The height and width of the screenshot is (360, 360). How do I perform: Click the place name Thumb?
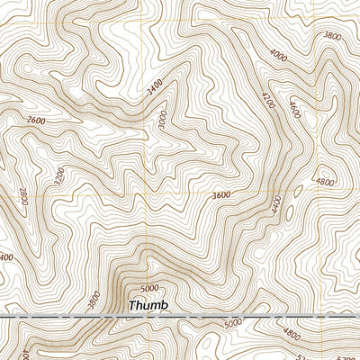pyautogui.click(x=148, y=306)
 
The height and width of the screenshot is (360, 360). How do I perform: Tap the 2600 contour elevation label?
pyautogui.click(x=36, y=121)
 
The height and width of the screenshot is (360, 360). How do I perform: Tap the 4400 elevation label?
pyautogui.click(x=276, y=205)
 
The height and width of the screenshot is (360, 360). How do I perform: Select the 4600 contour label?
pyautogui.click(x=293, y=109)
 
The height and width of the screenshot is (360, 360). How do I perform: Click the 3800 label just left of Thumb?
pyautogui.click(x=96, y=297)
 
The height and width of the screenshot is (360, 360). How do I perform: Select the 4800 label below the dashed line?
pyautogui.click(x=292, y=334)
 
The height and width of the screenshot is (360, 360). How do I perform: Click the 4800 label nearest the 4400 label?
pyautogui.click(x=325, y=183)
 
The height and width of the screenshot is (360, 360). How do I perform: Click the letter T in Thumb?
pyautogui.click(x=132, y=306)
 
